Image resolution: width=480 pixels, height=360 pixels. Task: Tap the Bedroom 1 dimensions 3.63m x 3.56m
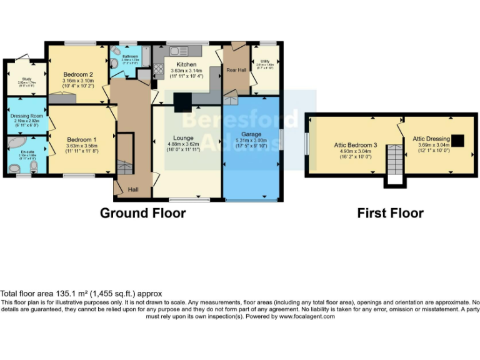(x=82, y=146)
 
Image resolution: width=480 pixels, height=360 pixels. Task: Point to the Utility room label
(x=265, y=61)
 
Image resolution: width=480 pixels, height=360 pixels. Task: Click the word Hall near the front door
(x=134, y=189)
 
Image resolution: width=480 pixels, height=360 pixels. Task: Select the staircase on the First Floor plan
(x=394, y=161)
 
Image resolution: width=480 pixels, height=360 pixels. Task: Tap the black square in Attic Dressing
(x=459, y=140)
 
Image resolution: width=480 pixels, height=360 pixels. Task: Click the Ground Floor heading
(x=142, y=213)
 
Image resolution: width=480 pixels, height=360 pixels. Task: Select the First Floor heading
(x=390, y=213)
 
